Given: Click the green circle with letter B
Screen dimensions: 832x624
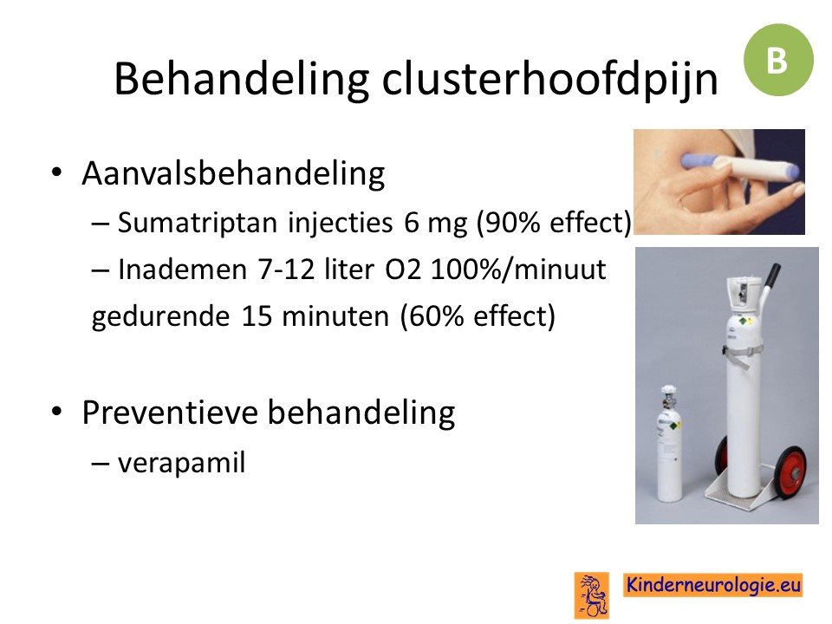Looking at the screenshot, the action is (778, 60).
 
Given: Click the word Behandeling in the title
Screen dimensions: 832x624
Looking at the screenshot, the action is (242, 79).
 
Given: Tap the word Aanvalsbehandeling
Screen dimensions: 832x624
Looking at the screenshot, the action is (233, 174).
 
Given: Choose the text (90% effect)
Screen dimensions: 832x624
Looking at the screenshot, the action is (554, 223).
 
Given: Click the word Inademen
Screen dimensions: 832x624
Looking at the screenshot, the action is (183, 269).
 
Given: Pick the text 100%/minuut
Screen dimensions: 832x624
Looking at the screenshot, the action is (518, 270).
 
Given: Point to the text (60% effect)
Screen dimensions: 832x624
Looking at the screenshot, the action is (478, 316).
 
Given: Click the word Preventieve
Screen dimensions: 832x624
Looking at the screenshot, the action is (170, 412).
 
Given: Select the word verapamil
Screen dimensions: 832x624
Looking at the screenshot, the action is (181, 463).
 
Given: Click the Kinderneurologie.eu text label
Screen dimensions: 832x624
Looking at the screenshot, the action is (712, 585).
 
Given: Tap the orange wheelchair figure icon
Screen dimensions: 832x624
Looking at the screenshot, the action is (591, 595).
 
